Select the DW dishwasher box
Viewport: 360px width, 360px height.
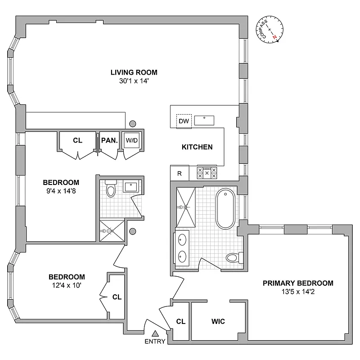pos(184,121)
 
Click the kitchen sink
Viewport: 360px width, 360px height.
pos(205,120)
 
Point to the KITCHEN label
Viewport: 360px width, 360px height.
pos(197,147)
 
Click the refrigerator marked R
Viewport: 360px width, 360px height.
pos(179,173)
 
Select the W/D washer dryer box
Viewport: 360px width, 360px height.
pos(131,140)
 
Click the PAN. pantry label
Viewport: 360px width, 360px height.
pos(109,140)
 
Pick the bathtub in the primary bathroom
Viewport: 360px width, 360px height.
pos(225,209)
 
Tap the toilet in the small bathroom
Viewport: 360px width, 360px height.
pos(110,190)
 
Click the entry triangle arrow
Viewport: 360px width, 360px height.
pos(155,333)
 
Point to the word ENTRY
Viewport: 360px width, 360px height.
pos(155,342)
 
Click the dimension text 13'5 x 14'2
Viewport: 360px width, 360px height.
pos(297,292)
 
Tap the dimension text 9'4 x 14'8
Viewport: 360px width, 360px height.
pos(61,191)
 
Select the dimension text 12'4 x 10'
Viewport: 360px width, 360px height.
pos(66,285)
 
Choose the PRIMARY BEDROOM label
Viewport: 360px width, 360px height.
pos(298,283)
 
